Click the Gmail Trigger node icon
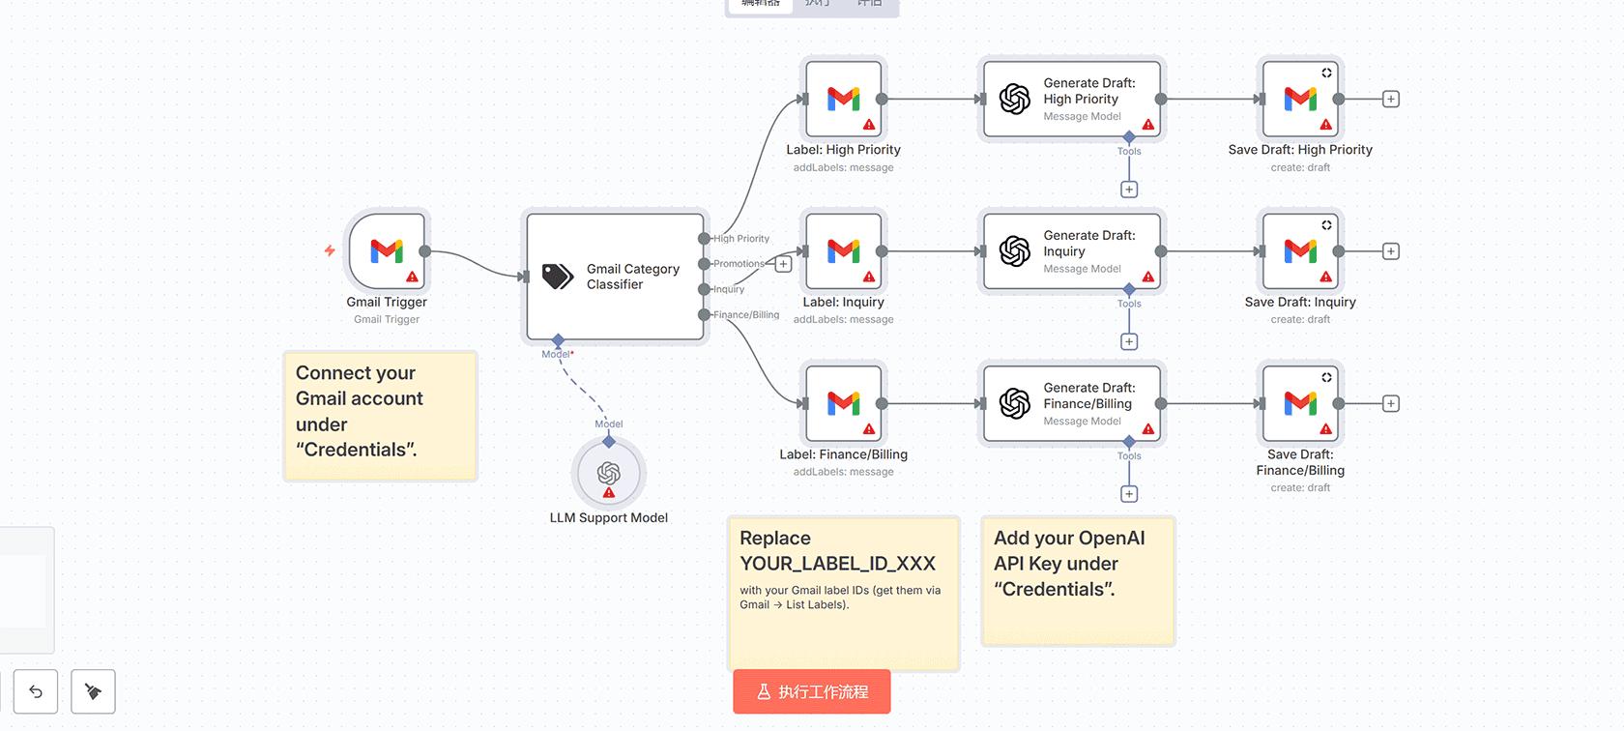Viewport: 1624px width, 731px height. point(387,251)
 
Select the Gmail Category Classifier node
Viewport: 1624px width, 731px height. point(615,277)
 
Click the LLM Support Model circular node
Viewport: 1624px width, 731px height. point(608,473)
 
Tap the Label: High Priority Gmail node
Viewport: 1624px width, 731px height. point(843,99)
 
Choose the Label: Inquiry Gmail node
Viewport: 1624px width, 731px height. point(843,251)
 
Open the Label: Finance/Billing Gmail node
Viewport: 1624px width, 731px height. point(843,403)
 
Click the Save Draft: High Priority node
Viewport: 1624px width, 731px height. point(1300,99)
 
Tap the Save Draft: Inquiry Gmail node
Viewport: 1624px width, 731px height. point(1300,251)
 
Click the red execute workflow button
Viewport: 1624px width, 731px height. point(811,691)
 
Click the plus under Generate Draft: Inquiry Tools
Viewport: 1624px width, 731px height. point(1129,341)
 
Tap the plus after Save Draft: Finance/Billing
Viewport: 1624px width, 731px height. point(1390,403)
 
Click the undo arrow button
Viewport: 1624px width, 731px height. point(36,691)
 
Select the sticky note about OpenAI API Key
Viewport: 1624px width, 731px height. point(1078,580)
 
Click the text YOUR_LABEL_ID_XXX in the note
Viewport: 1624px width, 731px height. point(837,564)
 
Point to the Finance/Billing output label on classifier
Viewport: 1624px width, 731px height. point(746,315)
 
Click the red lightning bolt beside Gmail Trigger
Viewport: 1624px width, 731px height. point(330,250)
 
